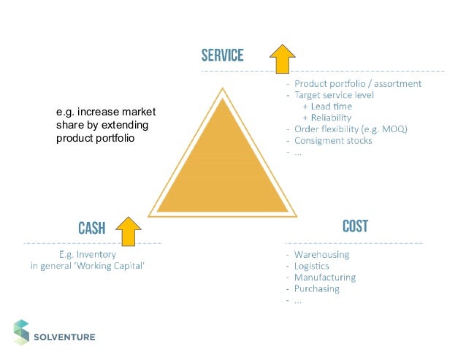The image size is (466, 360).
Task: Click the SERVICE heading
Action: coord(222,55)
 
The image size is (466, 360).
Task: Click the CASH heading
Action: coord(91,229)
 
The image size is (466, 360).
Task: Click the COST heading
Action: coord(355,226)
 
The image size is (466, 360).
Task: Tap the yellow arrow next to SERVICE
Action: coord(282,58)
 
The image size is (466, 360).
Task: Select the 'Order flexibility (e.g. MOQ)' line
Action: coord(351,129)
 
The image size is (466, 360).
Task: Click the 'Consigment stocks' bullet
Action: coord(332,140)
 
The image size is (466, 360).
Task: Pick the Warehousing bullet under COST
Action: coord(321,255)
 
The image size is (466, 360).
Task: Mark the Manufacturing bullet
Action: coord(325,277)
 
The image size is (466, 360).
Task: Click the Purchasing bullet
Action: coord(317,289)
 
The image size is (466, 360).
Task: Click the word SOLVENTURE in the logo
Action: coord(65,337)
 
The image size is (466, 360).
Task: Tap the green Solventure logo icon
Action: coord(21,332)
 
